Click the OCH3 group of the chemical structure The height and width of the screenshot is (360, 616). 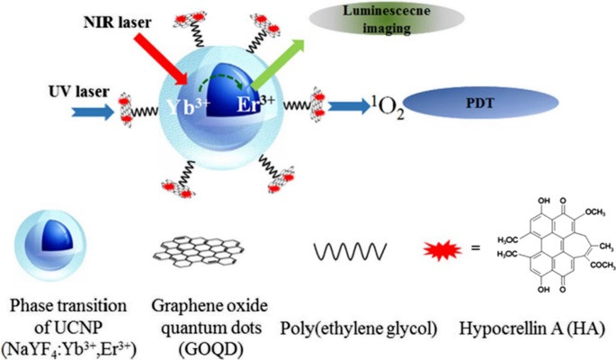[x=584, y=187]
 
